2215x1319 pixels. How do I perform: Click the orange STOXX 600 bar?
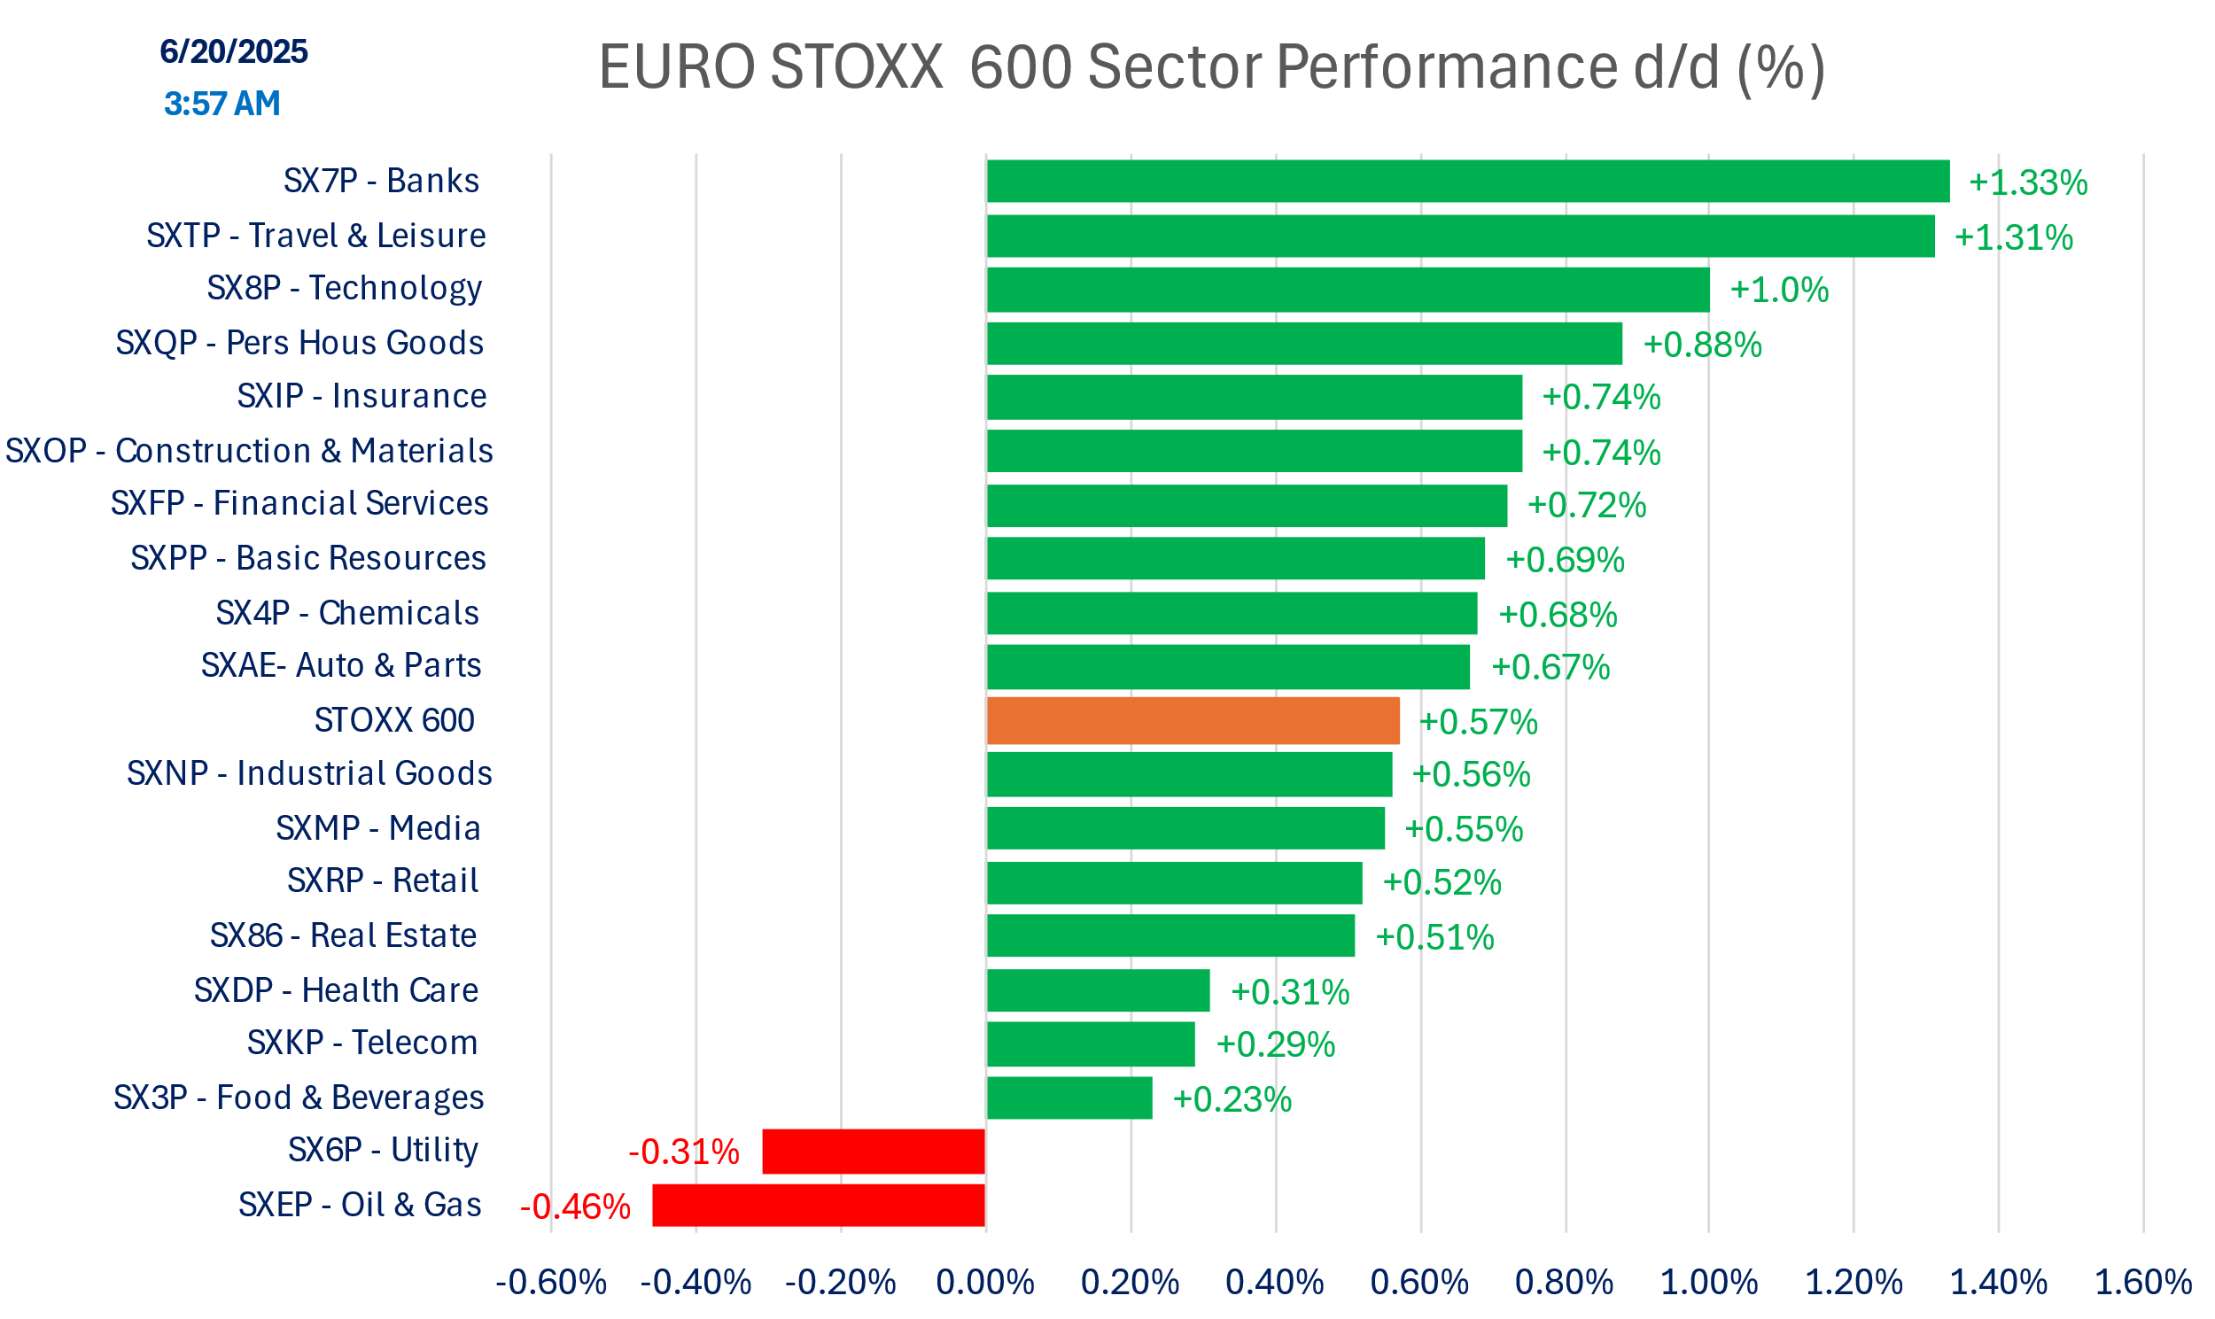pyautogui.click(x=1193, y=721)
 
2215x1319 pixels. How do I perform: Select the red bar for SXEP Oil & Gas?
pyautogui.click(x=819, y=1206)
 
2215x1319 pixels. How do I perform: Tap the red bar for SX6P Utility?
pyautogui.click(x=874, y=1151)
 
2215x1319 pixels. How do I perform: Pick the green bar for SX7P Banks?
pyautogui.click(x=1467, y=182)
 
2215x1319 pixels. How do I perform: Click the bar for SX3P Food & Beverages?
pyautogui.click(x=1069, y=1098)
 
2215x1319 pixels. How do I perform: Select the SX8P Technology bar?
pyautogui.click(x=1348, y=290)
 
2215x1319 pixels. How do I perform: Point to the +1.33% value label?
pyautogui.click(x=2027, y=183)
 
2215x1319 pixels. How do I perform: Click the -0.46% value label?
pyautogui.click(x=575, y=1207)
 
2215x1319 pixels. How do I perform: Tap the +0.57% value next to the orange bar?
pyautogui.click(x=1478, y=723)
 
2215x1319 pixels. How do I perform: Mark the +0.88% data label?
pyautogui.click(x=1702, y=345)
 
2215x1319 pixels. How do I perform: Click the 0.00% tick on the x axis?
pyautogui.click(x=985, y=1283)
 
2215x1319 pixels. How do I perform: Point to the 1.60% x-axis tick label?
pyautogui.click(x=2143, y=1283)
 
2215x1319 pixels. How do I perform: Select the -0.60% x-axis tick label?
pyautogui.click(x=551, y=1283)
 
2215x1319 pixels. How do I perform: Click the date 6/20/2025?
pyautogui.click(x=234, y=51)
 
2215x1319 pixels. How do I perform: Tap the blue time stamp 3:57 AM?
pyautogui.click(x=222, y=103)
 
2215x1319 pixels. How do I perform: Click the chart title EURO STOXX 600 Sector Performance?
pyautogui.click(x=1211, y=66)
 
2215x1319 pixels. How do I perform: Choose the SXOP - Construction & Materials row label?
pyautogui.click(x=249, y=451)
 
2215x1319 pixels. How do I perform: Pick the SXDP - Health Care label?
pyautogui.click(x=336, y=990)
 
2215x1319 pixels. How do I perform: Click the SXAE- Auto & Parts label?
pyautogui.click(x=341, y=666)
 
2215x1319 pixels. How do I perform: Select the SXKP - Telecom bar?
pyautogui.click(x=1091, y=1044)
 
